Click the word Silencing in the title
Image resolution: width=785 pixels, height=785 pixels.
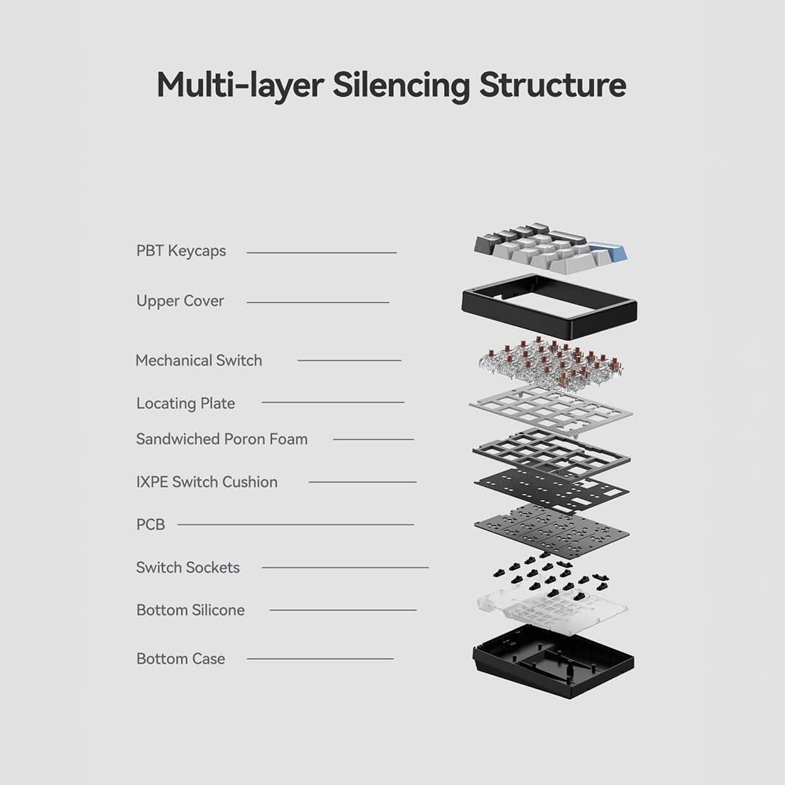click(x=401, y=86)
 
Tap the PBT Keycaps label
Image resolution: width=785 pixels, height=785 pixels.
click(x=181, y=251)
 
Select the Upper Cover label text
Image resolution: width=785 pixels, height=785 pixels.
click(x=180, y=301)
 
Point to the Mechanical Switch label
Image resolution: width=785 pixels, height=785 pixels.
click(x=198, y=361)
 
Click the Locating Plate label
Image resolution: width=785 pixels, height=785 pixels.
click(x=186, y=403)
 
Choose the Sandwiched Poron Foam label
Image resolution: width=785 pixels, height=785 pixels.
click(x=222, y=439)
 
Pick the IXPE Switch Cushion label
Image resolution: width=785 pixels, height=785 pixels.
click(x=206, y=482)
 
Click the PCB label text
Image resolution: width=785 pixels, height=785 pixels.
click(x=150, y=525)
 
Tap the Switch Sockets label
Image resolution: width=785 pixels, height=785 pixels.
click(x=188, y=568)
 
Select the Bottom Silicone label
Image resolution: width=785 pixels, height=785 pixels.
click(x=190, y=611)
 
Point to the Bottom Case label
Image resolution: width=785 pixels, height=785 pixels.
click(x=181, y=659)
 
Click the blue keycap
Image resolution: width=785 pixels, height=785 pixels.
click(x=607, y=251)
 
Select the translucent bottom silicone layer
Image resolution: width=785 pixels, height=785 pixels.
click(x=551, y=610)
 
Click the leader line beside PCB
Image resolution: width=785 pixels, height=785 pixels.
click(x=296, y=525)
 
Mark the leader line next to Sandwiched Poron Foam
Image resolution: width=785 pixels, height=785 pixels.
click(x=374, y=440)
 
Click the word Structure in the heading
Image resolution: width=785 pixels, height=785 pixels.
click(x=552, y=85)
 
